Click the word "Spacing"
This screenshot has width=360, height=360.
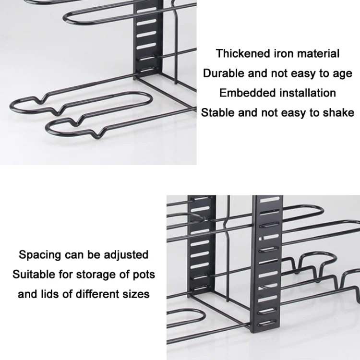coord(40,255)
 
